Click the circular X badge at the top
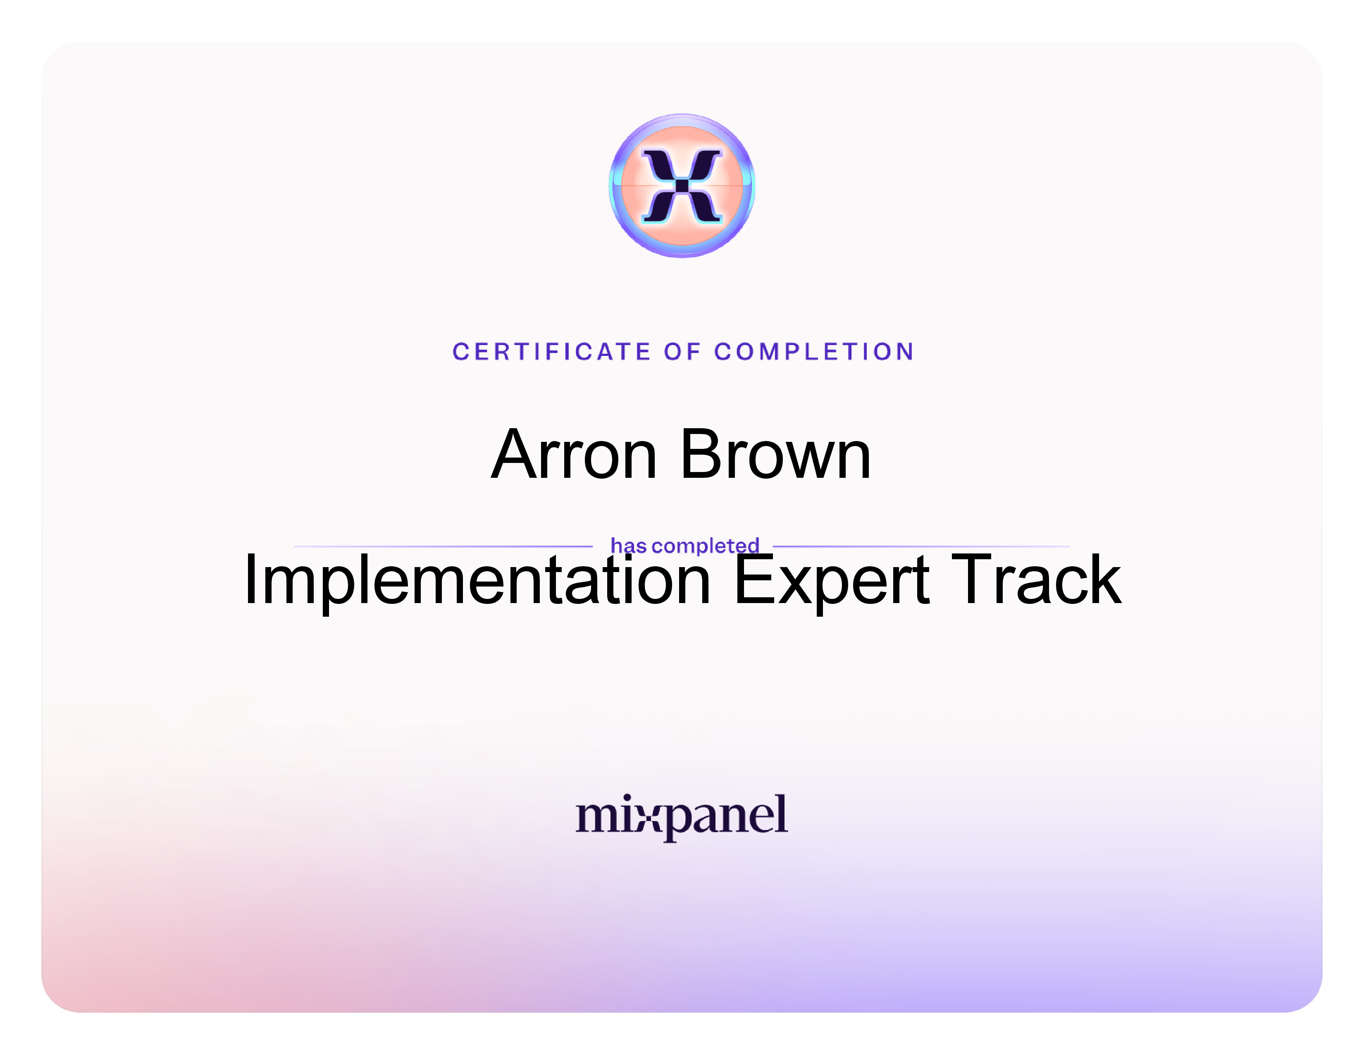coord(682,186)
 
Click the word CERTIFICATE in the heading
coord(552,352)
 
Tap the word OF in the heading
coord(683,352)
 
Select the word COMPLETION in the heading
coord(814,352)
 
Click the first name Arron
coord(574,455)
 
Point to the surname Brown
coord(776,455)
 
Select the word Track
coord(1036,579)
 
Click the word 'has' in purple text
coord(628,546)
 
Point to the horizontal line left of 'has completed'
coord(443,546)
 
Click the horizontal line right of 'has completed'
coord(921,546)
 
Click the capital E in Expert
coord(754,579)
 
